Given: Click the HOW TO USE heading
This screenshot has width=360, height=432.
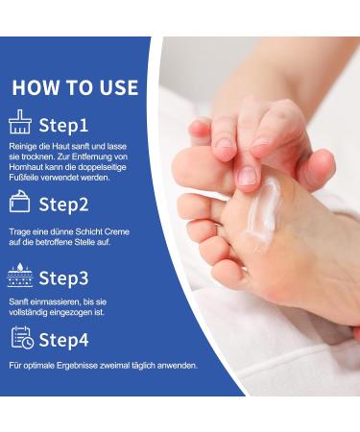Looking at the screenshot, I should pos(75,87).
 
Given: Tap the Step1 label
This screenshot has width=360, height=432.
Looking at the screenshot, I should pos(62,125).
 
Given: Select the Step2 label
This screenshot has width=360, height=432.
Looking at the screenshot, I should pos(63,204).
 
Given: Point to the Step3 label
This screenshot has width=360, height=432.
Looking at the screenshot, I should pos(63,278).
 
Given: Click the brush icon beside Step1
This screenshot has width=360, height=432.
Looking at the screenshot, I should pos(20,124).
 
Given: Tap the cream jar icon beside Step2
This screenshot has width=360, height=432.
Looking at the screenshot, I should pos(20,203).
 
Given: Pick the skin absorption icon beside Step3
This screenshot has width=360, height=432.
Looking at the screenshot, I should pos(20,277).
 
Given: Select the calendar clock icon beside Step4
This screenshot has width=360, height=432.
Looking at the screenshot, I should pos(21,338).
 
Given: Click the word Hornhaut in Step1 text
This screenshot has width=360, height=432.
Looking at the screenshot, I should pos(30,167).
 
